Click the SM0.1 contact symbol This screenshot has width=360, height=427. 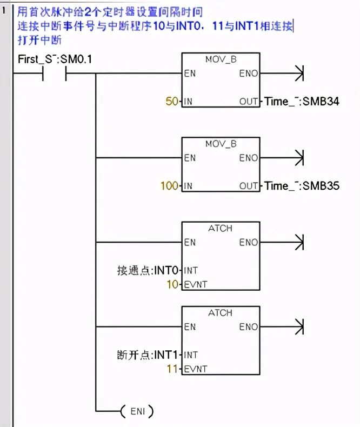tap(54, 74)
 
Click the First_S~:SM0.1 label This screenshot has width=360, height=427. tap(55, 59)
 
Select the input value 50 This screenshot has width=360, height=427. tap(172, 101)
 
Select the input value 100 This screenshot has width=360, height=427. tap(169, 186)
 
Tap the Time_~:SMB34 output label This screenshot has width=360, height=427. tap(302, 101)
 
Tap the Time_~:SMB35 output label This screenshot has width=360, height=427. tap(302, 186)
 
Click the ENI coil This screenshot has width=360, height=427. tap(137, 412)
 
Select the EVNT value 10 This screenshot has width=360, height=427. tap(172, 284)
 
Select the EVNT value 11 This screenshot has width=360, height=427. tap(172, 369)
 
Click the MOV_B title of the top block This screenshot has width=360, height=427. tap(221, 59)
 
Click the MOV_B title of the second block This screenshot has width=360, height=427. tap(221, 144)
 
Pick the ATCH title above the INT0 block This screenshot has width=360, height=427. tap(221, 229)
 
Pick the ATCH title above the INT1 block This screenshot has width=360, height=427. tap(221, 313)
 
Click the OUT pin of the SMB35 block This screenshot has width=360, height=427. tap(249, 186)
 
